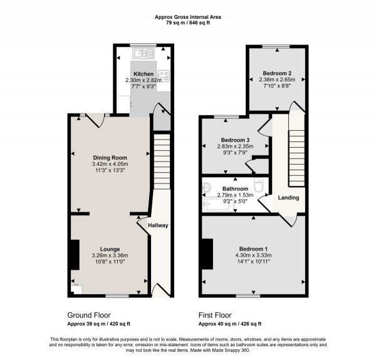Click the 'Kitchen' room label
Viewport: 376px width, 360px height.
[x=142, y=74]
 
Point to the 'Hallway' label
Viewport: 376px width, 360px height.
[x=157, y=225]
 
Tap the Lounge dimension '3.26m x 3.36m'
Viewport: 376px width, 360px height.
[x=110, y=255]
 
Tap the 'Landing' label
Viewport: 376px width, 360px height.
[x=289, y=198]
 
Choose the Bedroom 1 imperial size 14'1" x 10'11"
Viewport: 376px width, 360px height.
[x=254, y=263]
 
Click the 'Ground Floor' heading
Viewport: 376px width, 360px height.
[x=89, y=316]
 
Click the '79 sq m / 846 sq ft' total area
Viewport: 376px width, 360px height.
[x=187, y=23]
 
